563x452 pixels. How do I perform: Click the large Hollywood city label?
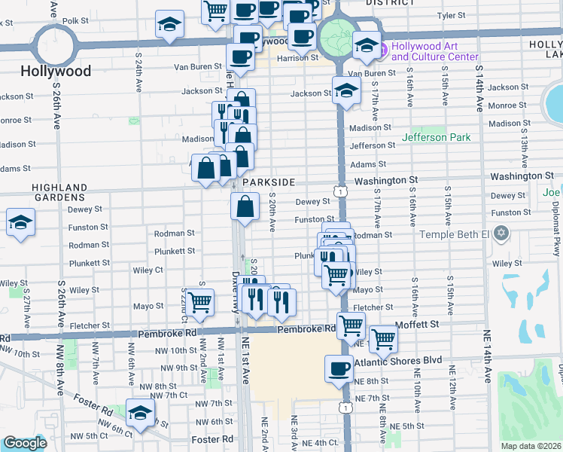coord(56,72)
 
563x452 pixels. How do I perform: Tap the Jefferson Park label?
coord(436,137)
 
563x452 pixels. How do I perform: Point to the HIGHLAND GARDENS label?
coord(59,192)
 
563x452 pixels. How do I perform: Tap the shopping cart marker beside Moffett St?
coord(383,339)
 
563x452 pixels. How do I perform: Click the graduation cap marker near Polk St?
coord(169,25)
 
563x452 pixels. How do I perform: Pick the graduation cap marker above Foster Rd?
coord(139,411)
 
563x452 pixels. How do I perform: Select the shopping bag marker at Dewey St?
coord(245,206)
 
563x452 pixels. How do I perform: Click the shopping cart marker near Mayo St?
coord(199,301)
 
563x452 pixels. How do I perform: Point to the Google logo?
coord(25,443)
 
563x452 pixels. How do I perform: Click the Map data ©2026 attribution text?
coord(530,446)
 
